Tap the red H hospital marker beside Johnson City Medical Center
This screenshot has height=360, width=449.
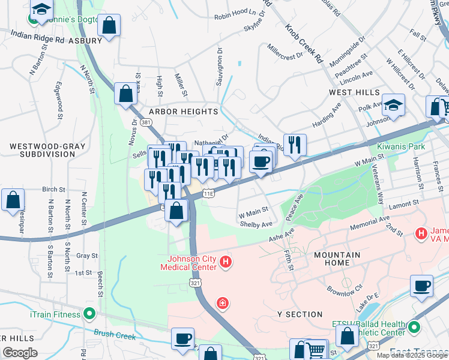click(226, 262)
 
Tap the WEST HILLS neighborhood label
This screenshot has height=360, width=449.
click(354, 92)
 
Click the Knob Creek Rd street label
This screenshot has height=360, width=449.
click(304, 44)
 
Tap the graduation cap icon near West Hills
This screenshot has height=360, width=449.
click(393, 106)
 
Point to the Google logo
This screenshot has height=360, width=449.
click(20, 353)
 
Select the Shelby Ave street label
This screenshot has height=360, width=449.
click(256, 224)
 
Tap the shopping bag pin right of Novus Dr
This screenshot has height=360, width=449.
click(125, 94)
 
